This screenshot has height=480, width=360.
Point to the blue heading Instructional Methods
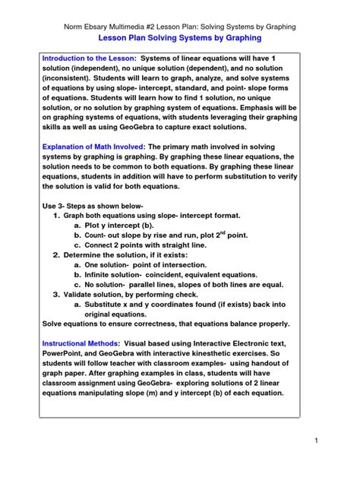81,343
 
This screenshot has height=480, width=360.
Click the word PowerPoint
65,354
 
